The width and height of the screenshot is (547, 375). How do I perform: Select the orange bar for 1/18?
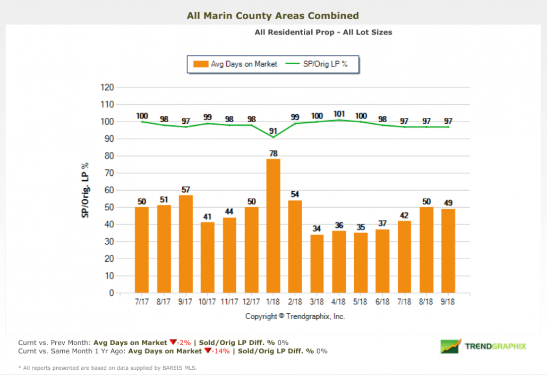(273, 226)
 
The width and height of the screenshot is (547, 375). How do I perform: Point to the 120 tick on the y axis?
(107, 88)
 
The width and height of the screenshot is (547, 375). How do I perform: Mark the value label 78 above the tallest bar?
(273, 153)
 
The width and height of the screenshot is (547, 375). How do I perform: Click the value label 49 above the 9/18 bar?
(448, 202)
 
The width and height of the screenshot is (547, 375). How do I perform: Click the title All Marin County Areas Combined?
(273, 16)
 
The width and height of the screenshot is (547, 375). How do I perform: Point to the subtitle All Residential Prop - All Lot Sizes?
(323, 32)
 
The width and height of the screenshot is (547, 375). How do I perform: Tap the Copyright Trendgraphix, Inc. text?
(295, 316)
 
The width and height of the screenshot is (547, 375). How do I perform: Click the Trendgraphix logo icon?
(450, 346)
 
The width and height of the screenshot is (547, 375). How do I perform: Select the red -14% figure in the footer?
(212, 351)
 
